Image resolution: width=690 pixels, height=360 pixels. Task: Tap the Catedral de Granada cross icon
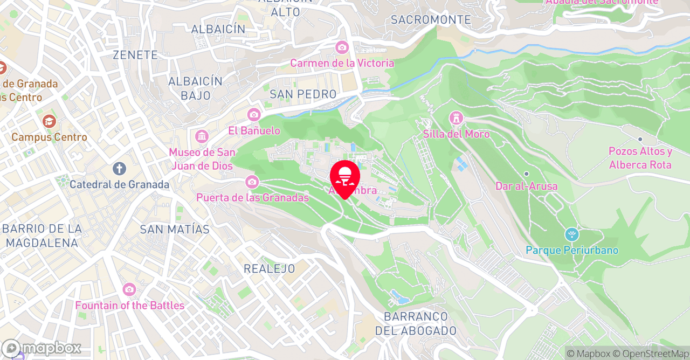pos(119,169)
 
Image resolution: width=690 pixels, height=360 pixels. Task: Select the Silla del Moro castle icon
pos(456,117)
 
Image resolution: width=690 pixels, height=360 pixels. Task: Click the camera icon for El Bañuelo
pos(254,114)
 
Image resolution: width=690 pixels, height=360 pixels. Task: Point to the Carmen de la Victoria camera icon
pos(342,47)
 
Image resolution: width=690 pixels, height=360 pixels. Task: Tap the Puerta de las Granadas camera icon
pos(252,182)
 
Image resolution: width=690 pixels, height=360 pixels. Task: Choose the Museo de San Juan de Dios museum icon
pos(202,136)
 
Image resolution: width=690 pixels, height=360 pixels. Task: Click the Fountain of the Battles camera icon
pos(129,289)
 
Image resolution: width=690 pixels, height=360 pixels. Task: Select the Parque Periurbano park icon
pos(571,234)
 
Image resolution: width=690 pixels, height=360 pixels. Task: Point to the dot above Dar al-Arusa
pos(526,174)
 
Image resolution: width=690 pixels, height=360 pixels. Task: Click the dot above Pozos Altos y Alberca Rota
pos(640,139)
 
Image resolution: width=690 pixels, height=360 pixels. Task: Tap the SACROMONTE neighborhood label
pos(431,20)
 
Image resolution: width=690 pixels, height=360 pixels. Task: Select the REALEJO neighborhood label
pos(269,268)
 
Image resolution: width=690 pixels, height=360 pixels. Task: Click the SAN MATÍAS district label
pos(175,230)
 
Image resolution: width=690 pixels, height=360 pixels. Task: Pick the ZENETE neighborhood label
pos(135,55)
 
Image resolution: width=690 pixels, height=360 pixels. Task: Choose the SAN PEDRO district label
pos(303,94)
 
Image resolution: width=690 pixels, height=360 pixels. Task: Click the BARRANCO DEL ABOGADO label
pos(416,323)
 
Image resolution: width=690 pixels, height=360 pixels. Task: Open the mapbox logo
pos(41,348)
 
